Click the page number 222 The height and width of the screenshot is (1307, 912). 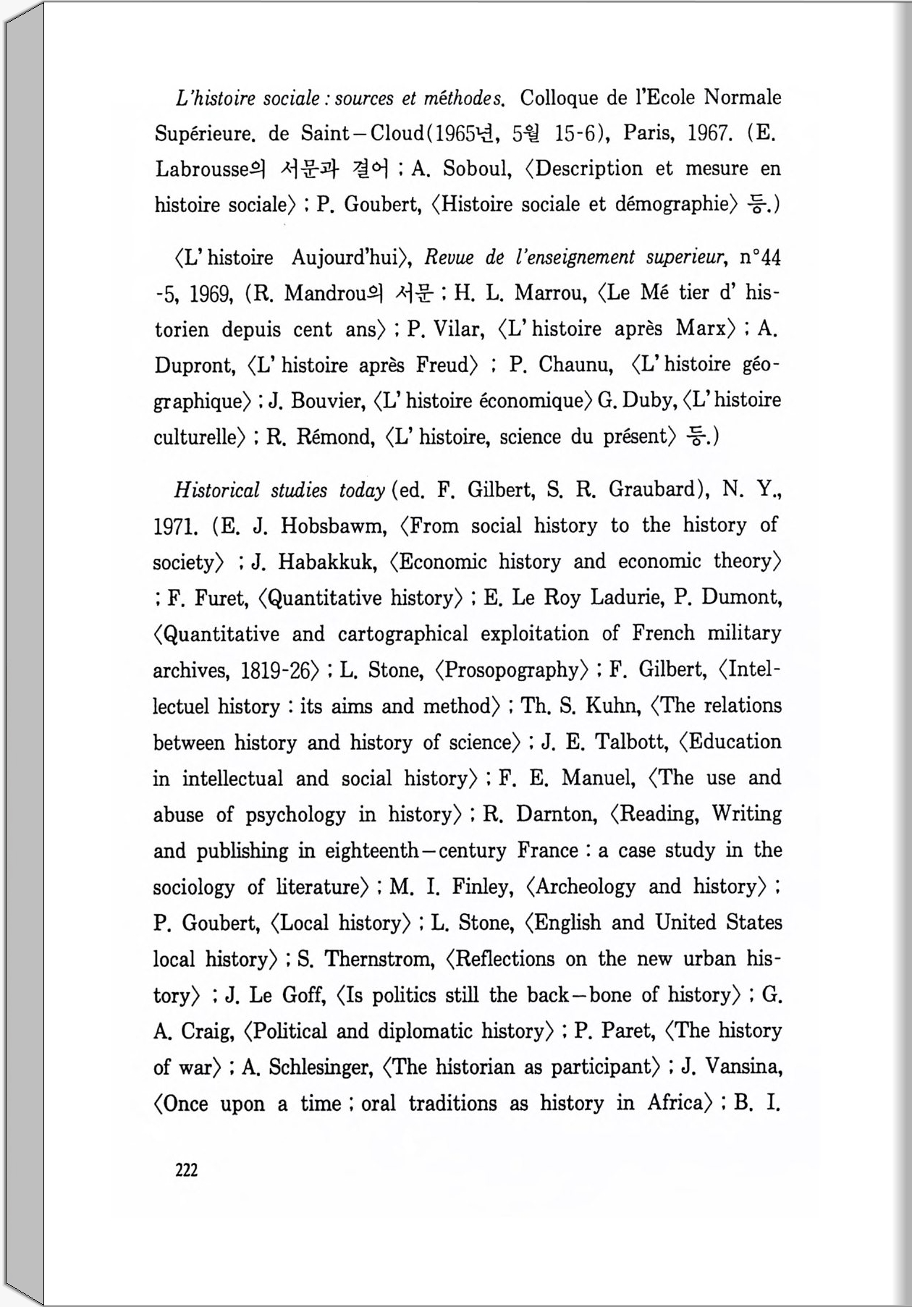pos(186,1170)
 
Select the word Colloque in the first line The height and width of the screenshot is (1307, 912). pos(559,98)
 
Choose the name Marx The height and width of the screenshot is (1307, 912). pos(701,329)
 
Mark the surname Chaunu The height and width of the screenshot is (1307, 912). pos(575,365)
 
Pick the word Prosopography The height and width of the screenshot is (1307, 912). pos(512,670)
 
